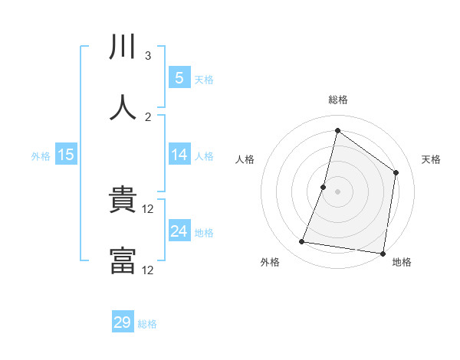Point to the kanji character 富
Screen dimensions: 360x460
tap(123, 261)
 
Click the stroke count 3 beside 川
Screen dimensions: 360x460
tap(148, 56)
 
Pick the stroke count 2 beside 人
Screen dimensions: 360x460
tap(148, 117)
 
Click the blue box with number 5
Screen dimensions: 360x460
tap(179, 78)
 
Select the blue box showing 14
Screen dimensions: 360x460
tap(179, 155)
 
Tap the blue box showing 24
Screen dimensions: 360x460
tap(179, 231)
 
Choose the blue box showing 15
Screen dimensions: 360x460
tap(65, 155)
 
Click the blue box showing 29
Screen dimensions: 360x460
tap(123, 322)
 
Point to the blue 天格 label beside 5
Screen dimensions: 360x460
tap(204, 79)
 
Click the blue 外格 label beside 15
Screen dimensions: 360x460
tap(41, 155)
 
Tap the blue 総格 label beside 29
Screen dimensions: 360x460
tap(148, 323)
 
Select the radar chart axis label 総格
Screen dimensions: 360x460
tap(337, 100)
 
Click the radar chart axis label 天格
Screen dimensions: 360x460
tap(432, 159)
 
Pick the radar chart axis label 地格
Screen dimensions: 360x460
tap(402, 262)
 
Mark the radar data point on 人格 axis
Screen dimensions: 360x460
tap(324, 186)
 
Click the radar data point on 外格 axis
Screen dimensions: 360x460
tap(302, 242)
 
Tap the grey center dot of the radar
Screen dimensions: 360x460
tap(337, 191)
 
